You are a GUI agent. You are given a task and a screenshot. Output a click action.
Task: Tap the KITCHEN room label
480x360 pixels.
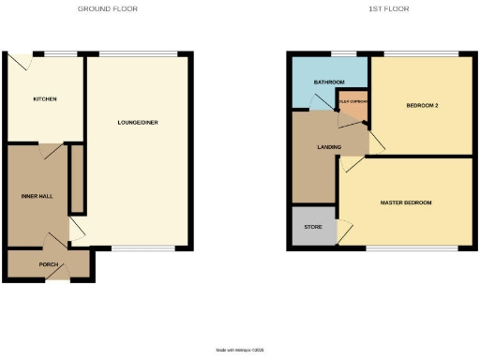(x=45, y=98)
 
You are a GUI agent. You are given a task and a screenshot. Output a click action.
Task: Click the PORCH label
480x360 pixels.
(x=49, y=264)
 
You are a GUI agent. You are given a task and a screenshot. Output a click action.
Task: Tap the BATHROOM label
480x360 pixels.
(x=328, y=82)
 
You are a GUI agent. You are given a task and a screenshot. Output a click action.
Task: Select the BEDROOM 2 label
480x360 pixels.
(x=422, y=105)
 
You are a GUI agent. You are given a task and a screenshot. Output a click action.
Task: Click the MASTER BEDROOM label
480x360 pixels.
(x=406, y=202)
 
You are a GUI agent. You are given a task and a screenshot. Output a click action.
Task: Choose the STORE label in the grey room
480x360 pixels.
(x=312, y=227)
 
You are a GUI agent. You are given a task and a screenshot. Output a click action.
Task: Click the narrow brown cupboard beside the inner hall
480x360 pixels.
(x=78, y=178)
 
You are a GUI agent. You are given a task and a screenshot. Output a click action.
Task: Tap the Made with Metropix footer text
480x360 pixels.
(x=240, y=350)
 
